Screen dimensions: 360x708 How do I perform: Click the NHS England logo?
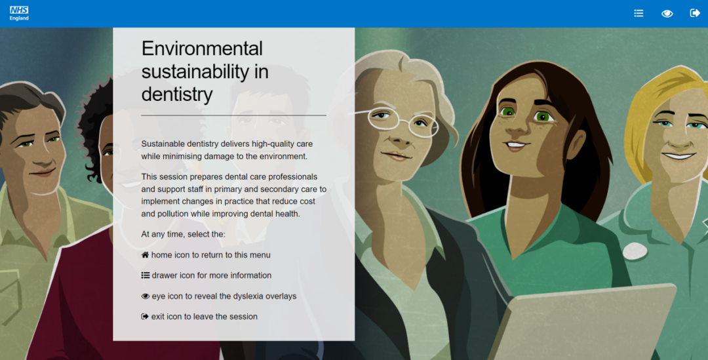(x=19, y=13)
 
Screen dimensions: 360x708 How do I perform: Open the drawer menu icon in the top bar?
(x=639, y=13)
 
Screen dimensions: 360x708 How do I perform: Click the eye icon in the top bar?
(x=667, y=13)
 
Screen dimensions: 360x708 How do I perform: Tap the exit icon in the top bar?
(x=695, y=13)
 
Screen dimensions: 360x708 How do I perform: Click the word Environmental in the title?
(x=202, y=49)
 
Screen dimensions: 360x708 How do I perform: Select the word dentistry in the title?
(x=177, y=94)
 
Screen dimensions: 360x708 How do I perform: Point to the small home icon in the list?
(x=145, y=255)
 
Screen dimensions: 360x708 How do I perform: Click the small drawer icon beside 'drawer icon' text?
(x=145, y=275)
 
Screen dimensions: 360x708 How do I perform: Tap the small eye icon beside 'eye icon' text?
(x=145, y=296)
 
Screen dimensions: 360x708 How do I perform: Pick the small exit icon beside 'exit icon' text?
(x=145, y=317)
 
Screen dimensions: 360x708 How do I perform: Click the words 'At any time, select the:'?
(x=183, y=234)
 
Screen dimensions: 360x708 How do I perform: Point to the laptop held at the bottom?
(x=583, y=325)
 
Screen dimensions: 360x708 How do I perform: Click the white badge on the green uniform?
(x=635, y=250)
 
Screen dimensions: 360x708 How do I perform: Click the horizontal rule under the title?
(x=233, y=115)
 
